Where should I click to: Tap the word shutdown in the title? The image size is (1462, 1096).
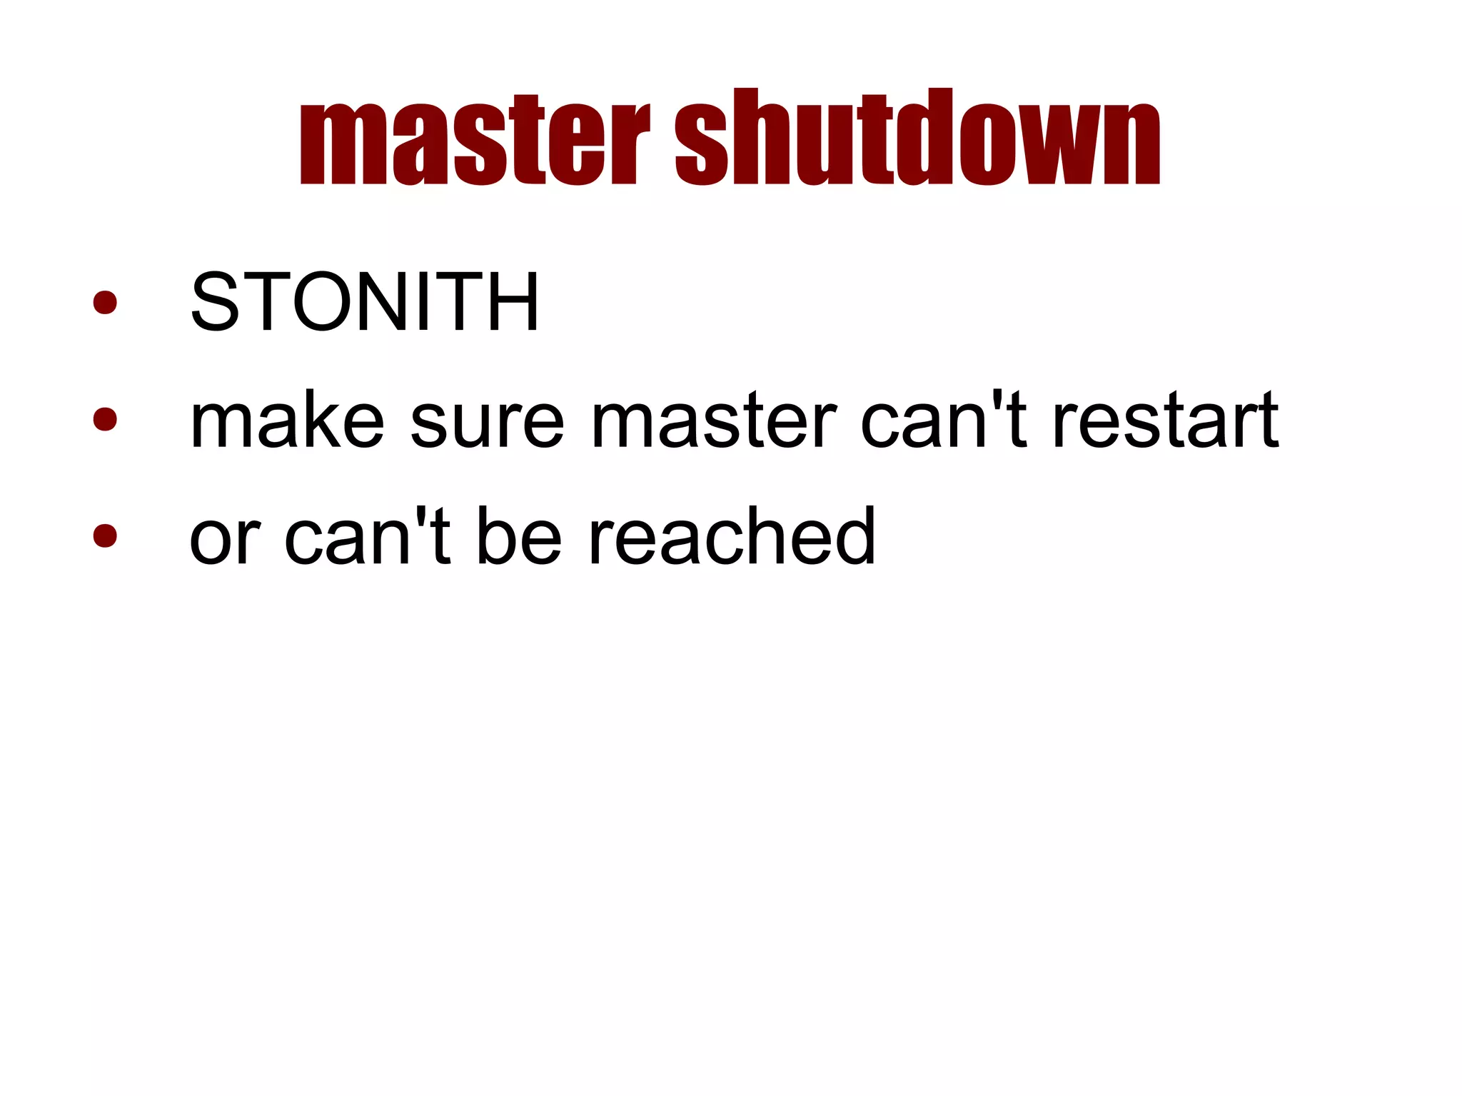[918, 137]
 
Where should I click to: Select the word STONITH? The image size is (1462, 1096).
[364, 302]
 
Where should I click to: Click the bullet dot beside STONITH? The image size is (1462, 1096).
[105, 302]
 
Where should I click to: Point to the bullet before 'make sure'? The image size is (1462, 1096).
[105, 419]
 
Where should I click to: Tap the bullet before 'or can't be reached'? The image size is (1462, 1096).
[105, 536]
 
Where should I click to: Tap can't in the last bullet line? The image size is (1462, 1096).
[367, 537]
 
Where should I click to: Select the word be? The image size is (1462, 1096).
[518, 537]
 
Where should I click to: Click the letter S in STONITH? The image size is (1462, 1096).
[214, 302]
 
